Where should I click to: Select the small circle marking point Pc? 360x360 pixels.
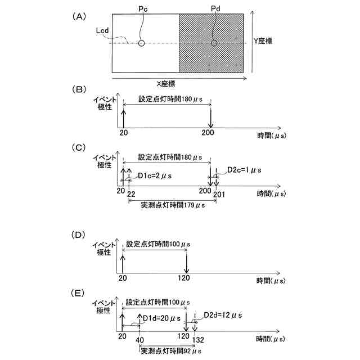pos(142,43)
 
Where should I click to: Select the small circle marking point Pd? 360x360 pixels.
pos(214,43)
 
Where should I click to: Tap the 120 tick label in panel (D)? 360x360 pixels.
pos(186,277)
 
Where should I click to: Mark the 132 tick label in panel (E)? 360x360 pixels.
pos(197,340)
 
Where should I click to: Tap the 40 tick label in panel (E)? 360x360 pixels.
pos(139,340)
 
